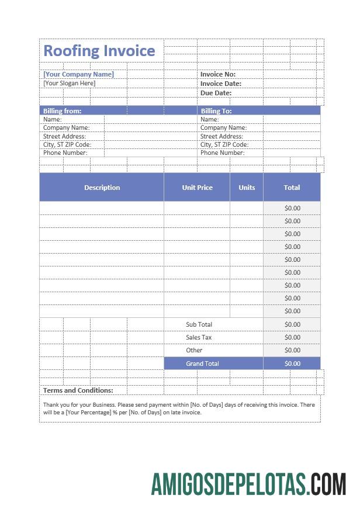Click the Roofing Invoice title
click(x=99, y=51)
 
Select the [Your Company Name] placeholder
click(x=78, y=74)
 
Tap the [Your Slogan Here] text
click(x=69, y=84)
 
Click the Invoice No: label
click(x=217, y=74)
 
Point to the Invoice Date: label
click(x=220, y=84)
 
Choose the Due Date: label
click(x=216, y=93)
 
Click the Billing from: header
click(x=62, y=110)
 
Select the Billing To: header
click(x=216, y=110)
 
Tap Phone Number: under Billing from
click(x=65, y=153)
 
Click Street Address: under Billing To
click(x=221, y=136)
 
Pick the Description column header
click(x=102, y=188)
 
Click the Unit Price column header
click(x=197, y=188)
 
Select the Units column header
click(x=247, y=188)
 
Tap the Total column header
click(x=292, y=188)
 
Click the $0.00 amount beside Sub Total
click(x=292, y=324)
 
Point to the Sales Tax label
click(x=199, y=337)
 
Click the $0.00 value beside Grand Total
click(x=292, y=363)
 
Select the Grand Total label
click(x=202, y=363)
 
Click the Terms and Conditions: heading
click(x=78, y=390)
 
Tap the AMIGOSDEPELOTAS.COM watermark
click(x=248, y=484)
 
